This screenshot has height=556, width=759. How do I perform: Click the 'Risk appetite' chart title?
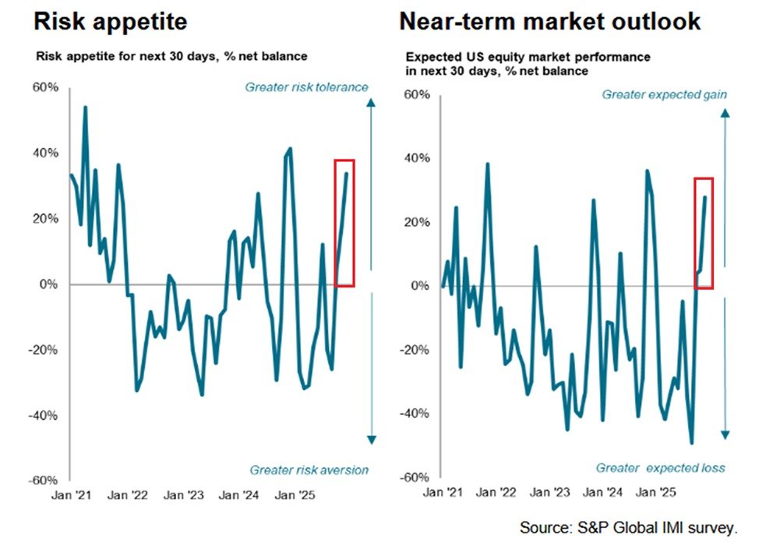[x=110, y=21]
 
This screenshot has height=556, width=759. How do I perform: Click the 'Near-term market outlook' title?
[x=549, y=21]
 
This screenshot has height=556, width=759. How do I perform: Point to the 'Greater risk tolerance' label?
[x=306, y=87]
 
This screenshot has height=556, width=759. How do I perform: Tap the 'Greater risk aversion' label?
[x=309, y=470]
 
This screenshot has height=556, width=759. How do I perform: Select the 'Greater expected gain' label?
[x=664, y=95]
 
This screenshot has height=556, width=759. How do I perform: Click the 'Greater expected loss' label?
[x=660, y=468]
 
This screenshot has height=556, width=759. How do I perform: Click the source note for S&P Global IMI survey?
[x=628, y=527]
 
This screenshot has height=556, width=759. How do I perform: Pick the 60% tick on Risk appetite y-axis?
[x=45, y=87]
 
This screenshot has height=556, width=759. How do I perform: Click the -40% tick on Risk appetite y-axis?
[x=44, y=415]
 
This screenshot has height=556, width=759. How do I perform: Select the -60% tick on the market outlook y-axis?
[x=414, y=476]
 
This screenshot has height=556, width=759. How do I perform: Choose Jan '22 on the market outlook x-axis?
[x=496, y=492]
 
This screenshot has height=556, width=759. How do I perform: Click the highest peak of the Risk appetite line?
[x=85, y=107]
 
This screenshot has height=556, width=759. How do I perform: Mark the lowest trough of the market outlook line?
[x=691, y=443]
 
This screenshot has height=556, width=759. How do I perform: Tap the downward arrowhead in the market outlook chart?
[x=724, y=435]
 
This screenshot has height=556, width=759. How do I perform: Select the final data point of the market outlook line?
[x=705, y=197]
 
